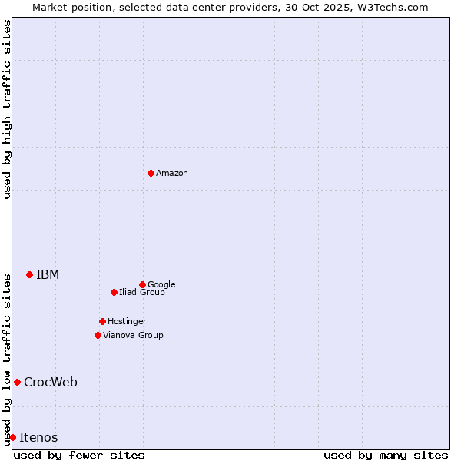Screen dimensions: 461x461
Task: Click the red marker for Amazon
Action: tap(151, 173)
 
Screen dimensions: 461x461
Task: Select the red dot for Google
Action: tap(142, 284)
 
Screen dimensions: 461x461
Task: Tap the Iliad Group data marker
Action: tap(114, 292)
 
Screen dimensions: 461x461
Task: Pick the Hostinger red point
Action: tap(102, 321)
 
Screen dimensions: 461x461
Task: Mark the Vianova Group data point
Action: tap(98, 335)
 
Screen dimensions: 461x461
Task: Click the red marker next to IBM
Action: tap(29, 274)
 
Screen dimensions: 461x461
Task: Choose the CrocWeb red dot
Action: tap(17, 382)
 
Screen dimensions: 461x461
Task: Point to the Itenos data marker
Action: tap(12, 437)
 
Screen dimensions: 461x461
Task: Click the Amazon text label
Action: tap(172, 174)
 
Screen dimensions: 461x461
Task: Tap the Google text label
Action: tap(161, 285)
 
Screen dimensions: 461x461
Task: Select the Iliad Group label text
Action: tap(142, 293)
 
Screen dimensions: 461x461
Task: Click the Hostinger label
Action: tap(127, 322)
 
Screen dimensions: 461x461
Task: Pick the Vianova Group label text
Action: tap(133, 336)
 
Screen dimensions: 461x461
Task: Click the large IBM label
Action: tap(48, 275)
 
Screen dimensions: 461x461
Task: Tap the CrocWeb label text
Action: tap(51, 383)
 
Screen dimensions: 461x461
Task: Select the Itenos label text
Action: tap(38, 438)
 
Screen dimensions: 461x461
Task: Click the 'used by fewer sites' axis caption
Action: tap(79, 455)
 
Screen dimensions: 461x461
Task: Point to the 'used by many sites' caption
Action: tap(386, 455)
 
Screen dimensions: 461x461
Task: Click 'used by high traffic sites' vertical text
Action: tap(7, 109)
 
